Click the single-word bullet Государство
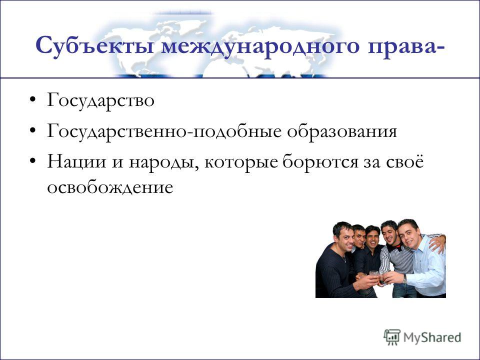(x=100, y=101)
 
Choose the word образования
(x=342, y=131)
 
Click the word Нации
(x=76, y=162)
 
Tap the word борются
(x=320, y=161)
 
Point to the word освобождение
(x=110, y=187)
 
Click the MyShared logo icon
(x=392, y=337)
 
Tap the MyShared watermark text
(x=432, y=337)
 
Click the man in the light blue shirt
(x=422, y=258)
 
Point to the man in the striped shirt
(x=395, y=258)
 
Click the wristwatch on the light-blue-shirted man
(x=404, y=279)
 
